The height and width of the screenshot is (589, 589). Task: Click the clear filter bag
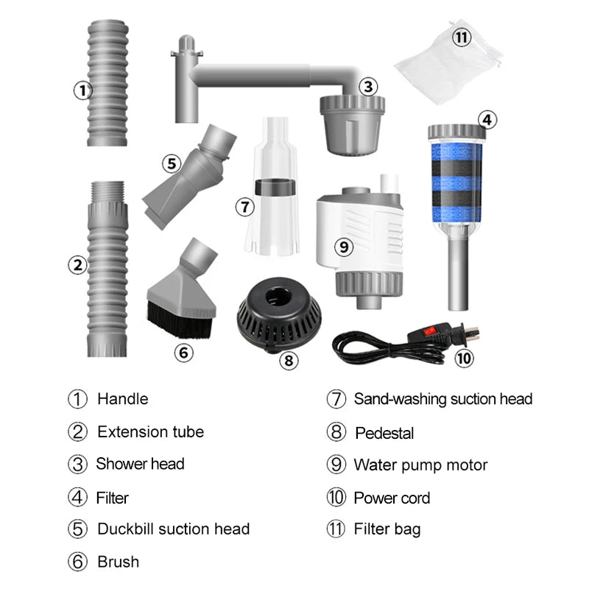[x=446, y=62]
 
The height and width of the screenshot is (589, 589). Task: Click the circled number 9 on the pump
[x=343, y=247]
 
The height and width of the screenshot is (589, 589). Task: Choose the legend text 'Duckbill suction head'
[x=173, y=529]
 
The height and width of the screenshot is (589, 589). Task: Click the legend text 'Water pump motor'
[x=420, y=465]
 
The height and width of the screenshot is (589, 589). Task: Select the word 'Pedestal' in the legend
[x=384, y=433]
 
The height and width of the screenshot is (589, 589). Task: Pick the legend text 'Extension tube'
[x=150, y=431]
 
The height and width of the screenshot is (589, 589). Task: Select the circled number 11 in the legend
[x=336, y=529]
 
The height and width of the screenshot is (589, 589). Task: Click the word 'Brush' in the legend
[x=118, y=562]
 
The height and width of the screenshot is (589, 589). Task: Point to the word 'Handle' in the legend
[x=122, y=399]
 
